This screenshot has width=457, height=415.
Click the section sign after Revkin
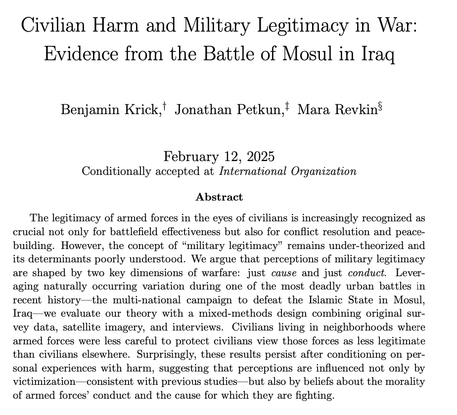tap(380, 106)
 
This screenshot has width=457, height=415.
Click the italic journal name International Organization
tap(287, 171)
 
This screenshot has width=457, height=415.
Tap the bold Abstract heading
tap(219, 197)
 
